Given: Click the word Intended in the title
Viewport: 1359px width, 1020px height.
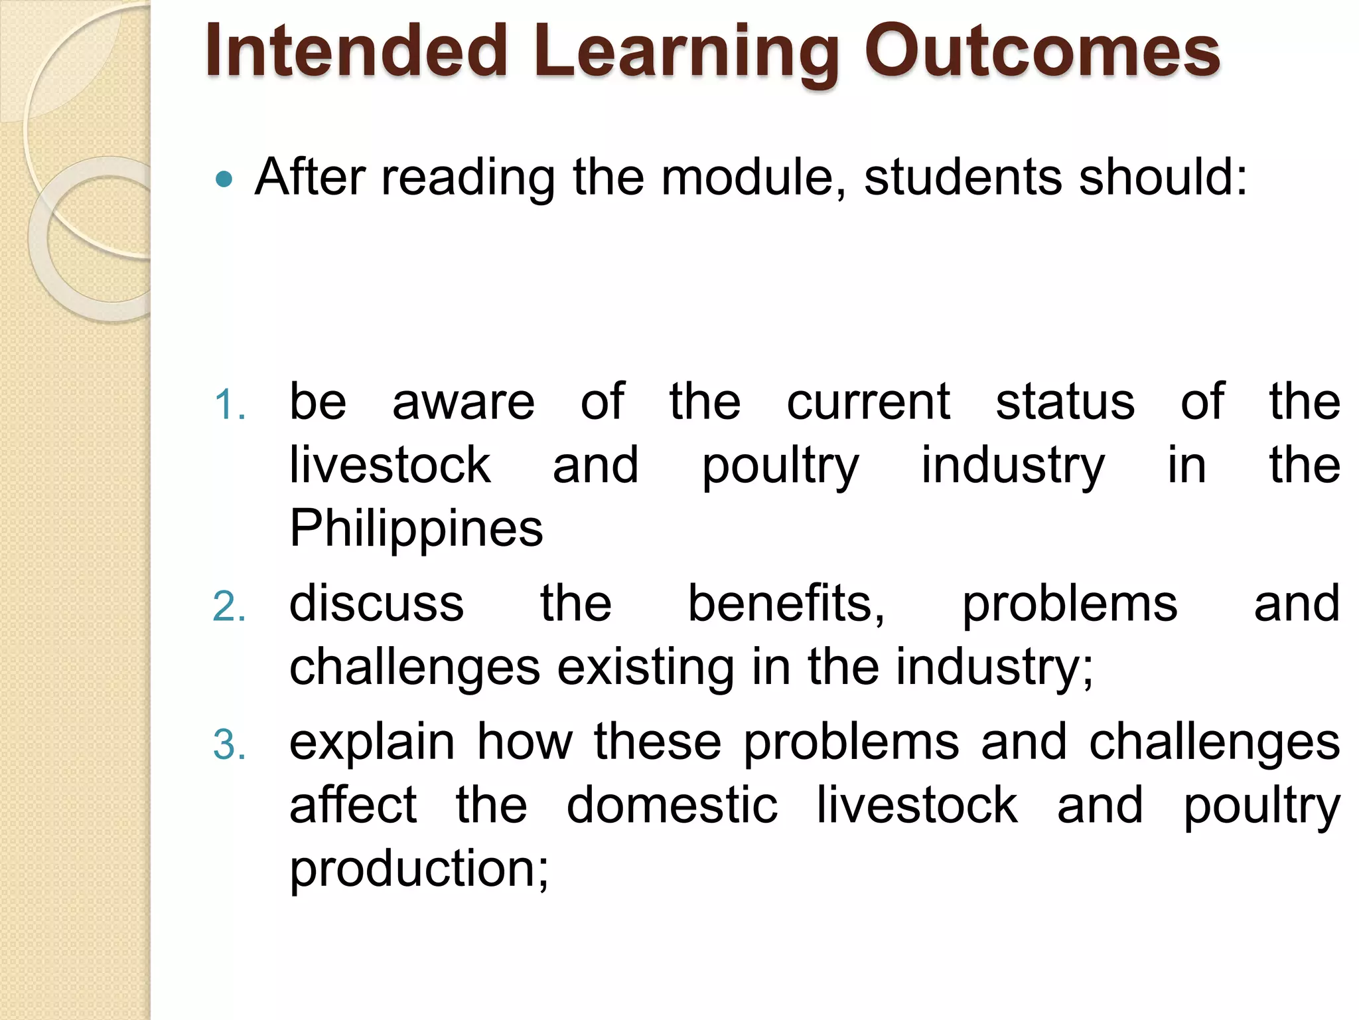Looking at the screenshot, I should (x=356, y=51).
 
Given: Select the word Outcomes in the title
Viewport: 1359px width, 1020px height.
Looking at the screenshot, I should (x=1042, y=51).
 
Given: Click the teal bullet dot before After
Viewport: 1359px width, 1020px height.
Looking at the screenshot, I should (x=225, y=179).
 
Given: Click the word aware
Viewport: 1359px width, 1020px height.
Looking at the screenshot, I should (x=463, y=402).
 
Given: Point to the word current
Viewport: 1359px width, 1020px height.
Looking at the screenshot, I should (x=868, y=402).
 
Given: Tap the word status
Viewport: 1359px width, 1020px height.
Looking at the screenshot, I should (x=1065, y=402).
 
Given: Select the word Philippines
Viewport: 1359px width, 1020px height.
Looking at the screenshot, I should (x=416, y=529).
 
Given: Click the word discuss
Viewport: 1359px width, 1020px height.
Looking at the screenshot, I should (x=376, y=604).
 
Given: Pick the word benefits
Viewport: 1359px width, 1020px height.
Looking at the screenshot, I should (x=786, y=604).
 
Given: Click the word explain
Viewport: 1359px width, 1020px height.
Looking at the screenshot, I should (x=372, y=743).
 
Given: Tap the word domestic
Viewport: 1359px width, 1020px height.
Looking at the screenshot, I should (x=672, y=806).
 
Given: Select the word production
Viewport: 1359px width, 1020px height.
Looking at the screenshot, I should (x=419, y=869).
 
